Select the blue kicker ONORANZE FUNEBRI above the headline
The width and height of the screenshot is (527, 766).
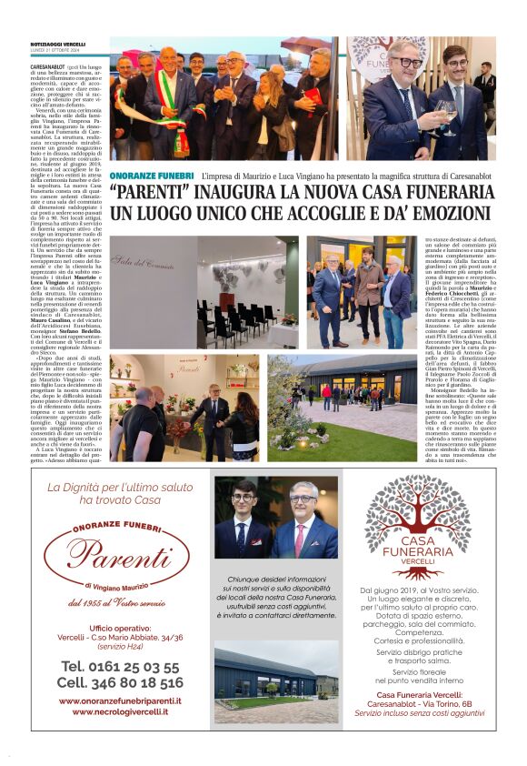[x=151, y=175]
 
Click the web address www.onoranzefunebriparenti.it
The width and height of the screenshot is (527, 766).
[x=119, y=700]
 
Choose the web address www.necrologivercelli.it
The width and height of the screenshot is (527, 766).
[x=119, y=711]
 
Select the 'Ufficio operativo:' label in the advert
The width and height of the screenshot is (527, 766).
[x=120, y=628]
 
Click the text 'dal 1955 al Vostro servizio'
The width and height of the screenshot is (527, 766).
[x=115, y=603]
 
